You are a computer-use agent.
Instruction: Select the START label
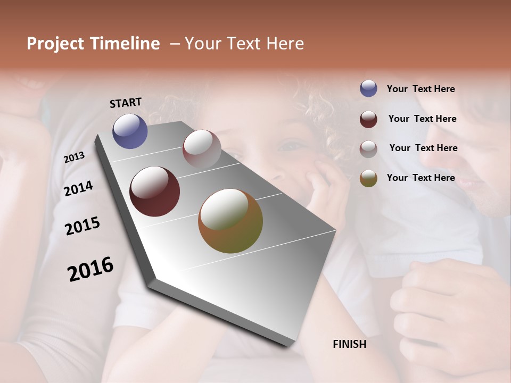click(126, 103)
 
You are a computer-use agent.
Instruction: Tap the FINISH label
click(349, 344)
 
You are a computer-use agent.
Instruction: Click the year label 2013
click(75, 157)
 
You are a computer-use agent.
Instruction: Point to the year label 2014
click(78, 188)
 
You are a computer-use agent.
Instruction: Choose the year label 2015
click(83, 226)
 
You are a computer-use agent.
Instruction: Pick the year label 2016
click(90, 269)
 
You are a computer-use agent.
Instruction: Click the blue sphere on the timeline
click(130, 131)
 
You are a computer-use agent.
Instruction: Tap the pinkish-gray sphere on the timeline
click(202, 149)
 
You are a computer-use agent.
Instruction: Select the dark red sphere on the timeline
click(154, 191)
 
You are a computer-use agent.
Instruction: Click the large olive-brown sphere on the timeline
click(230, 221)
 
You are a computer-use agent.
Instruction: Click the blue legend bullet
click(368, 88)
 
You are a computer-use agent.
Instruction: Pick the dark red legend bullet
click(368, 119)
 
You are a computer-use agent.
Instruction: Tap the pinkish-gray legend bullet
click(368, 149)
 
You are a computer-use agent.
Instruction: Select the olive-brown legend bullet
click(368, 178)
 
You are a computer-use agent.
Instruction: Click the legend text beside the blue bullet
click(421, 89)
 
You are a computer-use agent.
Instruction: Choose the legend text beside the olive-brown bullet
click(421, 178)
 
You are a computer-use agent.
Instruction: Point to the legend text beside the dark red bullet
click(422, 119)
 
